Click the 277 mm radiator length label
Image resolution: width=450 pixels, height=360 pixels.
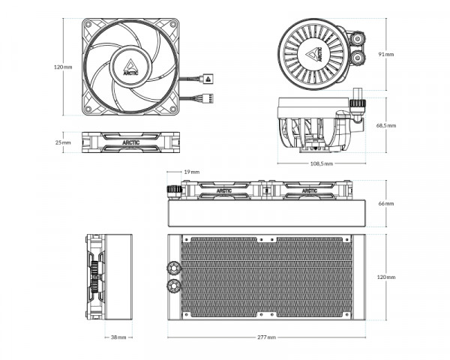(x=265, y=337)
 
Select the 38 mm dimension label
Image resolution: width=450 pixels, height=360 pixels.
(x=118, y=337)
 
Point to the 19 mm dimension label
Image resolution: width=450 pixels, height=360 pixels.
(x=190, y=172)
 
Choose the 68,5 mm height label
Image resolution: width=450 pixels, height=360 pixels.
(x=386, y=125)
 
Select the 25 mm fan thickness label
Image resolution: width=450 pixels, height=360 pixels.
(x=63, y=142)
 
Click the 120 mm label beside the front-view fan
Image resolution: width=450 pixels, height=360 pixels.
(x=63, y=67)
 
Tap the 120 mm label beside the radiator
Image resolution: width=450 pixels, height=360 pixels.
(x=385, y=277)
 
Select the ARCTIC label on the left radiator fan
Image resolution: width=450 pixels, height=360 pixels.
(x=223, y=190)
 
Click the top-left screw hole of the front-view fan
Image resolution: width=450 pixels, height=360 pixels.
(x=89, y=26)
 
